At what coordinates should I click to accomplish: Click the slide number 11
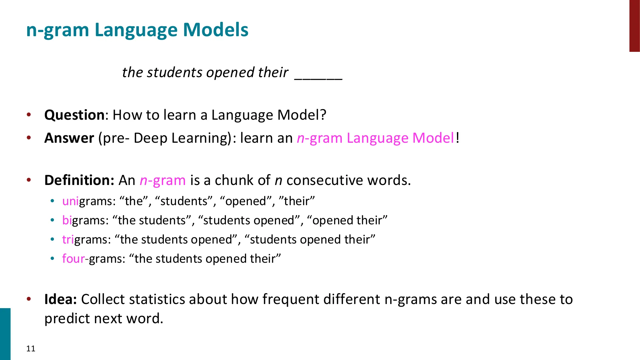pyautogui.click(x=31, y=348)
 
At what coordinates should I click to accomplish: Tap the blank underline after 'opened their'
pyautogui.click(x=318, y=77)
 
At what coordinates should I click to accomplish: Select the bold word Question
pyautogui.click(x=74, y=115)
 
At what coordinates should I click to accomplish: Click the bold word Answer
pyautogui.click(x=69, y=138)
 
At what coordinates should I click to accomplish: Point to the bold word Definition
pyautogui.click(x=79, y=180)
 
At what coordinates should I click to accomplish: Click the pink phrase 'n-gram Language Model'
pyautogui.click(x=375, y=138)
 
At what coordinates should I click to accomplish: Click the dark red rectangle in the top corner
pyautogui.click(x=634, y=26)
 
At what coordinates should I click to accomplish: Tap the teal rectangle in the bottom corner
pyautogui.click(x=5, y=334)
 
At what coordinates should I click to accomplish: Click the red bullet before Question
pyautogui.click(x=29, y=115)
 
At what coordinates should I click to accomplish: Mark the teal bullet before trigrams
pyautogui.click(x=52, y=239)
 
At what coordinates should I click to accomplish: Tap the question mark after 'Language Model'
pyautogui.click(x=323, y=115)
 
